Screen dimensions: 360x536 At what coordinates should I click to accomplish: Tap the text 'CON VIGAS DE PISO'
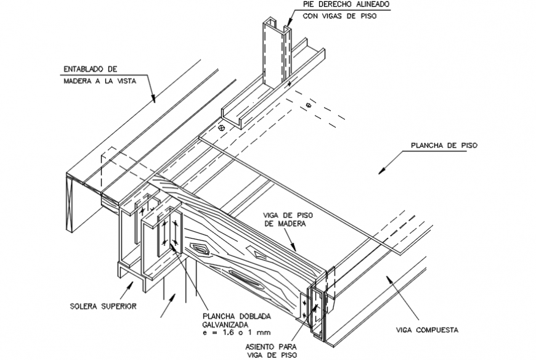pyautogui.click(x=340, y=17)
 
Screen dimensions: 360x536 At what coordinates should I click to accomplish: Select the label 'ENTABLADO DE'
pyautogui.click(x=91, y=69)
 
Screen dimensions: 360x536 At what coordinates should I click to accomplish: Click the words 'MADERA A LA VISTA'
pyautogui.click(x=99, y=80)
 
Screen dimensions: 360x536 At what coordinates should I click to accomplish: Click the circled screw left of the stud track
pyautogui.click(x=219, y=128)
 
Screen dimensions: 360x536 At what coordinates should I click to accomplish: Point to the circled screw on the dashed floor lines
pyautogui.click(x=309, y=105)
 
